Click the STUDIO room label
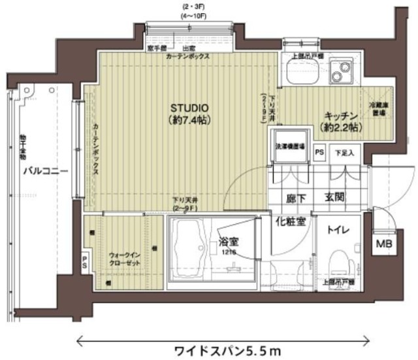[189, 108]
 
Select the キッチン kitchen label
[342, 116]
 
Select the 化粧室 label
[290, 221]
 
